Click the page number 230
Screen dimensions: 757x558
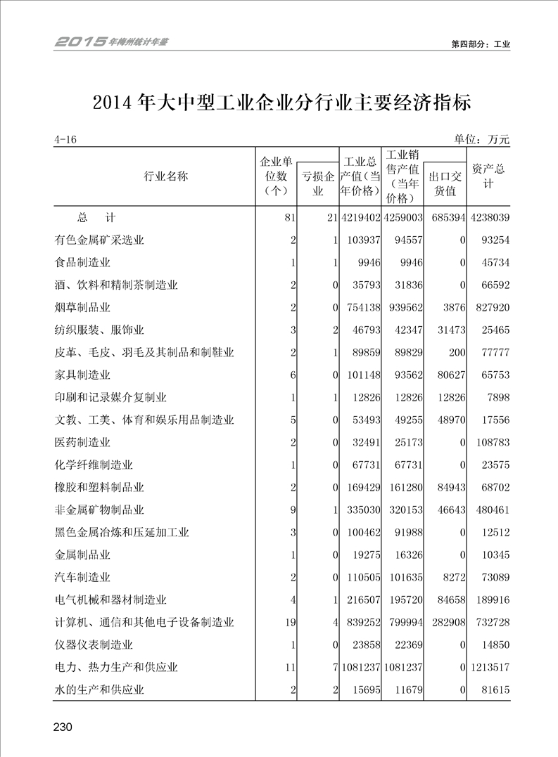(x=63, y=726)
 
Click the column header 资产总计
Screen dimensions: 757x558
(x=488, y=176)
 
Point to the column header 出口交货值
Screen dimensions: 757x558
(x=445, y=183)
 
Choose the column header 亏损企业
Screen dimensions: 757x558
(x=318, y=183)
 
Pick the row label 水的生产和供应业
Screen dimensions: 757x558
(x=99, y=690)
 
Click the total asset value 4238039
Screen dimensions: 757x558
(x=489, y=217)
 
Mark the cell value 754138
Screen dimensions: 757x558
(x=363, y=307)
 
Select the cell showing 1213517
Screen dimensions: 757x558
(x=489, y=667)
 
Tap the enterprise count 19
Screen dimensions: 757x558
(x=288, y=622)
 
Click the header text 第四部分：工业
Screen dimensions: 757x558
(x=481, y=44)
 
